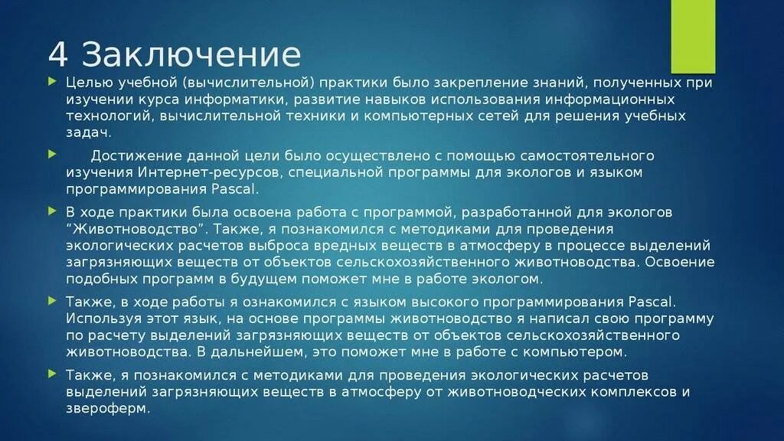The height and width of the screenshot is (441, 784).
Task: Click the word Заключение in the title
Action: (x=191, y=55)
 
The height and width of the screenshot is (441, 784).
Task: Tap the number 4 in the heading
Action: (x=57, y=55)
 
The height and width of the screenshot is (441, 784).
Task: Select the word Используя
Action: (x=100, y=318)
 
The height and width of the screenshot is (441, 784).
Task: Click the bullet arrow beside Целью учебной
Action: (x=53, y=81)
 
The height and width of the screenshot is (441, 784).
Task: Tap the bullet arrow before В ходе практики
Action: (x=53, y=211)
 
